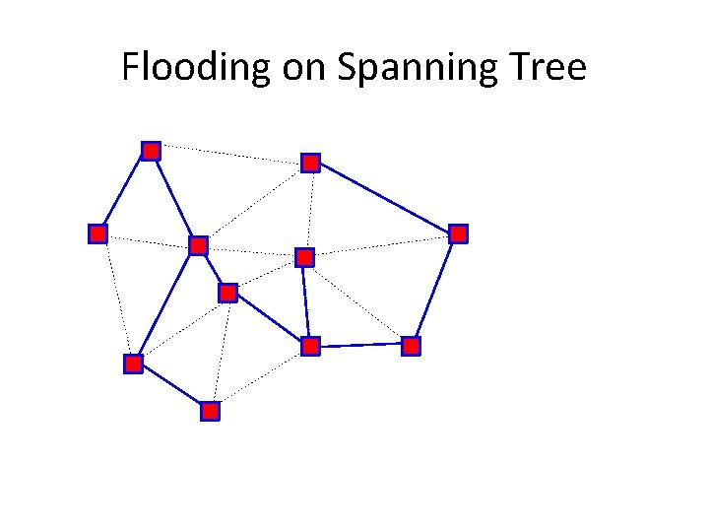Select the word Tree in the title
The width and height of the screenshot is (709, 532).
544,68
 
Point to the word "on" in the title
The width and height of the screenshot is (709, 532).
302,68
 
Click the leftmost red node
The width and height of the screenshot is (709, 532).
97,233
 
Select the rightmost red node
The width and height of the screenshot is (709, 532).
458,233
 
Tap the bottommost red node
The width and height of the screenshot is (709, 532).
210,411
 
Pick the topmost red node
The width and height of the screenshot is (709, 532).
151,151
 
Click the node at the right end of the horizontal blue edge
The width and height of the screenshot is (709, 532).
411,346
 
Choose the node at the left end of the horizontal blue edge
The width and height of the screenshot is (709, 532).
310,346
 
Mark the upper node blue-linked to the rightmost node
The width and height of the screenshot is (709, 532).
310,162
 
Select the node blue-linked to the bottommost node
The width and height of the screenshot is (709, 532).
133,364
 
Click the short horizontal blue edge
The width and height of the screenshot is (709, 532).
360,346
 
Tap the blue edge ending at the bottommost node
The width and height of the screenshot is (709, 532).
171,387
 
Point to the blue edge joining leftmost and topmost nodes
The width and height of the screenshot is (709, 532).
124,192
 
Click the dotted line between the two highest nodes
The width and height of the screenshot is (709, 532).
230,156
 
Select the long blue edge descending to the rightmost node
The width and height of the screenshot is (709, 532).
384,197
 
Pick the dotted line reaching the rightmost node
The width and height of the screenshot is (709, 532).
381,245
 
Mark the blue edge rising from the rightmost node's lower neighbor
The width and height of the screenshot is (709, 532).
434,290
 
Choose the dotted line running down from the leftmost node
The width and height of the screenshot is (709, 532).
115,299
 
